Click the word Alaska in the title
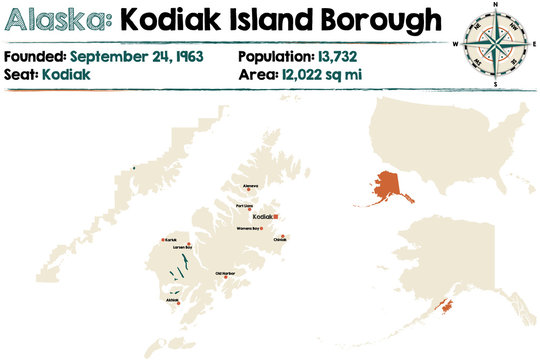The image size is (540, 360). (56, 20)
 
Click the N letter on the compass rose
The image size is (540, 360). (495, 7)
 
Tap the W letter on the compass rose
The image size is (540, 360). (455, 45)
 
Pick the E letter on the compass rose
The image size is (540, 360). (533, 45)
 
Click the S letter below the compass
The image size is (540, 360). (495, 84)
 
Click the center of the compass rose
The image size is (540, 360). (495, 45)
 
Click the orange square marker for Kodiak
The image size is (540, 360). (277, 216)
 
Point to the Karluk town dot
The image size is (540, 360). (162, 241)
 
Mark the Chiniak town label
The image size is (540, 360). (280, 240)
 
